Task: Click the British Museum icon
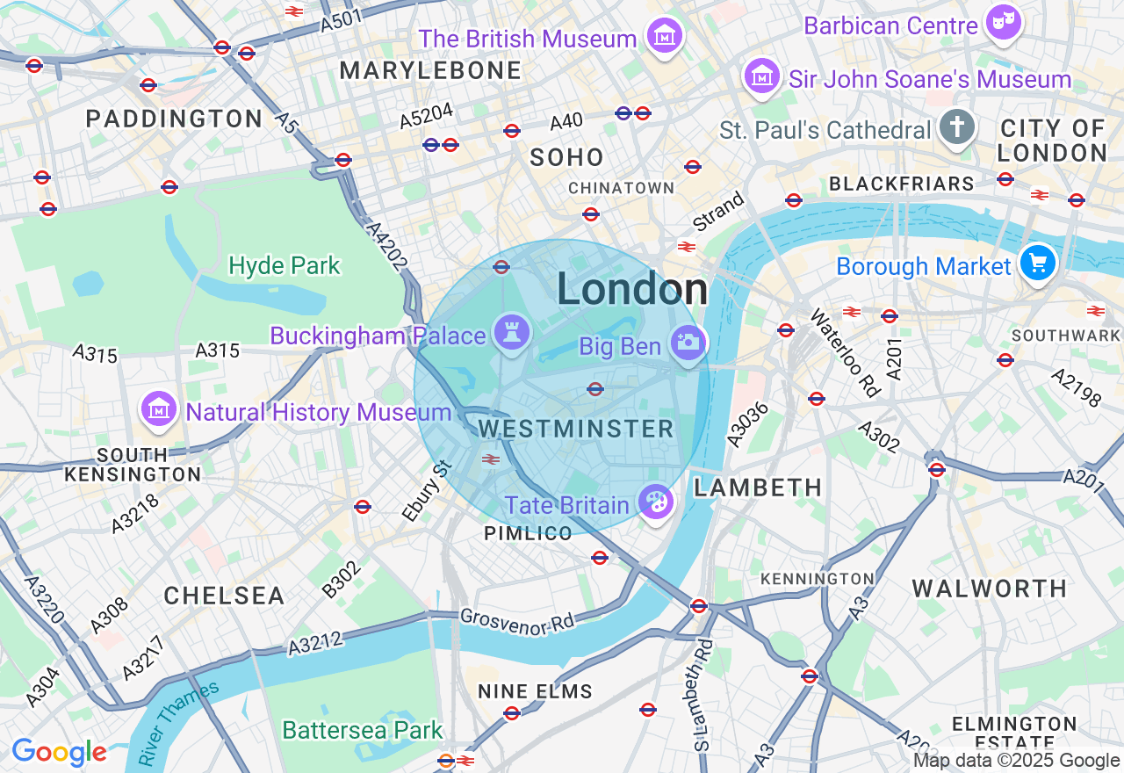665,36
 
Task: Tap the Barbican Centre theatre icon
1003,22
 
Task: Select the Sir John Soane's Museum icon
762,77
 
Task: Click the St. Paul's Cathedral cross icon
956,128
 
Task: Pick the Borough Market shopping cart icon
1038,263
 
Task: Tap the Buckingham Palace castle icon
511,333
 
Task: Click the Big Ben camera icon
687,343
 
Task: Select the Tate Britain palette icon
655,503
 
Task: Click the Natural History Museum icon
159,409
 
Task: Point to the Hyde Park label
284,265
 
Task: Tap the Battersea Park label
362,730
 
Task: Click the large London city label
632,290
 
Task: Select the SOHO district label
567,158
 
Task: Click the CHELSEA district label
224,596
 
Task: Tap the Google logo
59,752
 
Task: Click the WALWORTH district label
989,589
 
